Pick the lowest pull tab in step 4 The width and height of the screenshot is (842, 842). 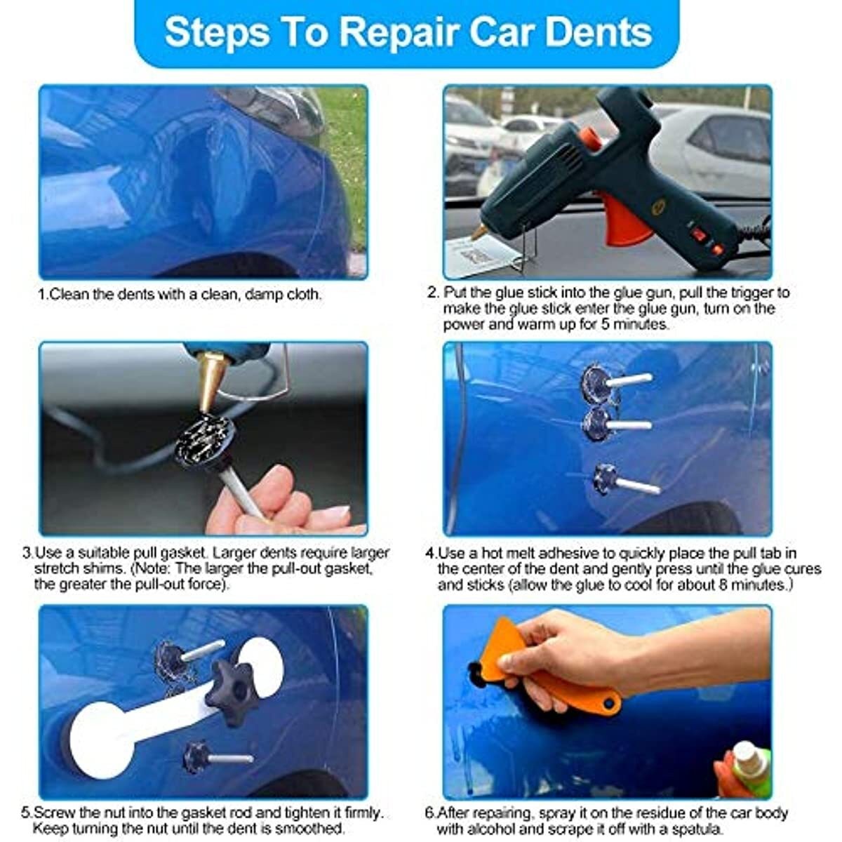click(625, 481)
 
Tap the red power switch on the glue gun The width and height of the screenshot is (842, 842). click(697, 234)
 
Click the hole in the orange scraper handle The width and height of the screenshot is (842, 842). click(608, 703)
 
